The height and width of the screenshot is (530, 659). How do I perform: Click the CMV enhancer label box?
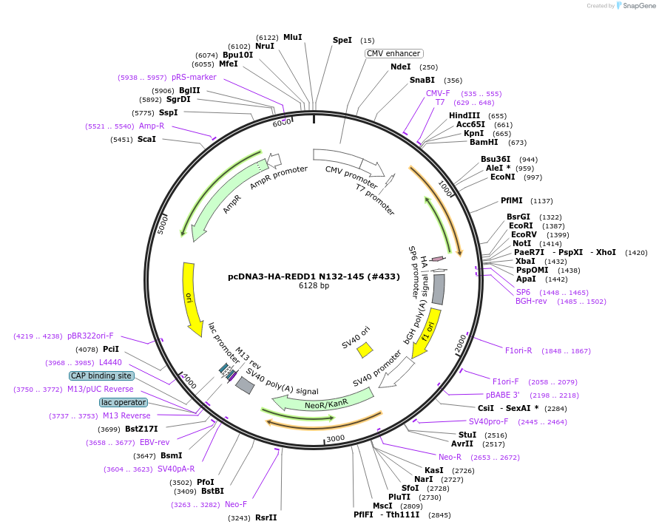pyautogui.click(x=394, y=53)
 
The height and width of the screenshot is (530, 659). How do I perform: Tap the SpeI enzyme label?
pyautogui.click(x=342, y=41)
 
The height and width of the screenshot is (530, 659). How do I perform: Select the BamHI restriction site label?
pyautogui.click(x=484, y=142)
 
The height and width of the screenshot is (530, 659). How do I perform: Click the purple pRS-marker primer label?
pyautogui.click(x=194, y=77)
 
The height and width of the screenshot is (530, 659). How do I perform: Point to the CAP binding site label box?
pyautogui.click(x=101, y=376)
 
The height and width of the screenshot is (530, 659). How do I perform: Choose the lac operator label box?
pyautogui.click(x=124, y=403)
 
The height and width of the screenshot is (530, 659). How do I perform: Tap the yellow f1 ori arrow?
pyautogui.click(x=427, y=332)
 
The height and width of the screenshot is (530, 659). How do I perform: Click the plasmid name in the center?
pyautogui.click(x=314, y=276)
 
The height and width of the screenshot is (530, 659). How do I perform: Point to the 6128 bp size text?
pyautogui.click(x=314, y=285)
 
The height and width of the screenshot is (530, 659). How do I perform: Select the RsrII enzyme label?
pyautogui.click(x=266, y=517)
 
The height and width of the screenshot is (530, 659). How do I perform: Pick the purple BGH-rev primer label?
pyautogui.click(x=535, y=301)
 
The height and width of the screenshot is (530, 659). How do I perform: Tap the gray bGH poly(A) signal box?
pyautogui.click(x=439, y=293)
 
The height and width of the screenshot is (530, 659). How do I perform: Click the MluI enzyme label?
pyautogui.click(x=293, y=37)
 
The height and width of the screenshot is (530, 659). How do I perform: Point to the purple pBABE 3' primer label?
pyautogui.click(x=502, y=395)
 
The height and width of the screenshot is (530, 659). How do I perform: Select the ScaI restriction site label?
pyautogui.click(x=146, y=139)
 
